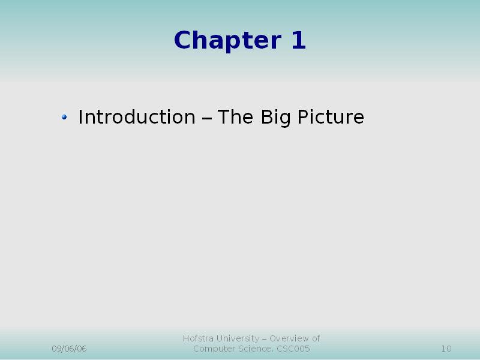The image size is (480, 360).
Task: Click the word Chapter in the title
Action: point(227,40)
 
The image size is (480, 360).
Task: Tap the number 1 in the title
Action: point(298,40)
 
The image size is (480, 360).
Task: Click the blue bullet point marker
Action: point(64,117)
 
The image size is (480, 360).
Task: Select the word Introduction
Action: point(137,116)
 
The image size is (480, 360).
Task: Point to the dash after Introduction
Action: point(207,118)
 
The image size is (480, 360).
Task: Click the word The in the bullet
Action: point(235,116)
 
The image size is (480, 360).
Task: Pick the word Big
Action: point(275,118)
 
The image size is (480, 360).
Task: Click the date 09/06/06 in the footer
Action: point(69,349)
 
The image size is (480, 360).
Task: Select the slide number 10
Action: point(446,349)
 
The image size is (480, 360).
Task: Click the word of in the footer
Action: point(316,338)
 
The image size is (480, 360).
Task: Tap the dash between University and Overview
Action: point(265,339)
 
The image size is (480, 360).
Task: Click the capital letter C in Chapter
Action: point(182,40)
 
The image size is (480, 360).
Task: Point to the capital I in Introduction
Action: point(80,116)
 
